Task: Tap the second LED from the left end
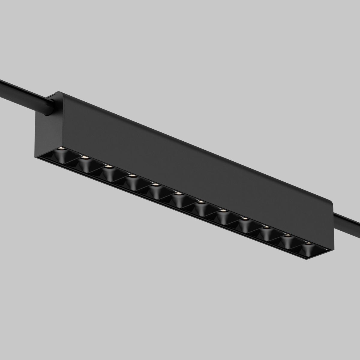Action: pyautogui.click(x=85, y=157)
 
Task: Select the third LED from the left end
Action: pyautogui.click(x=109, y=166)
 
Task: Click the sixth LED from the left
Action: pyautogui.click(x=178, y=193)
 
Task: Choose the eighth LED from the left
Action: pyautogui.click(x=223, y=211)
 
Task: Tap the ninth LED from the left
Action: pyautogui.click(x=245, y=219)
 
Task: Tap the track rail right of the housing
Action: pyautogui.click(x=348, y=222)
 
